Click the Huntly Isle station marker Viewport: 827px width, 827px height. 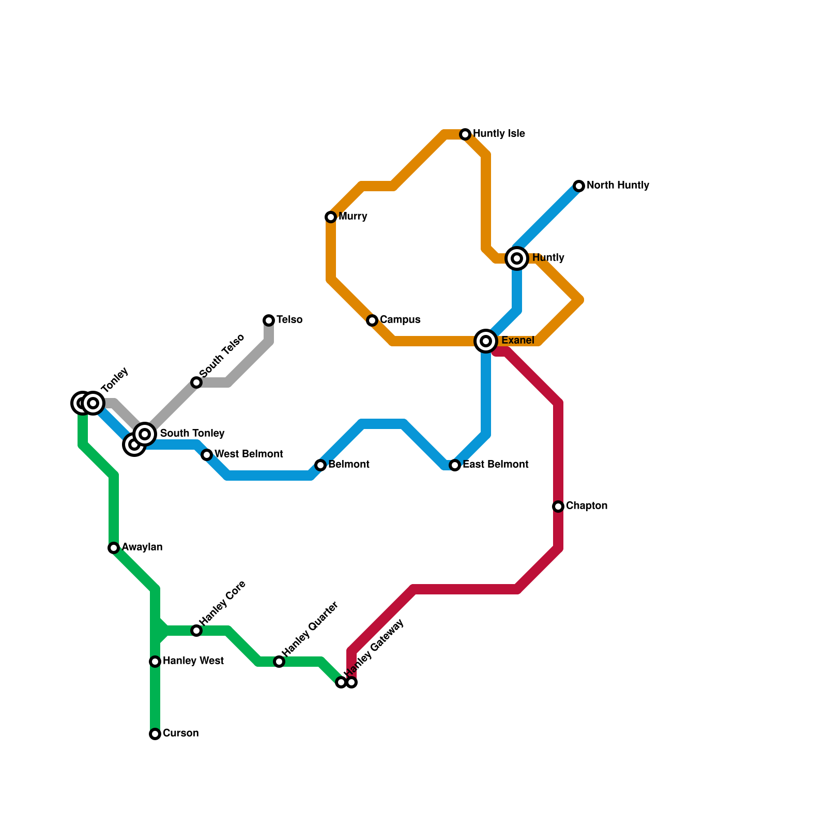coord(465,134)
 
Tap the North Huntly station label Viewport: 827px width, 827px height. coord(618,185)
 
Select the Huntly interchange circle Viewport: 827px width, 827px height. coord(517,258)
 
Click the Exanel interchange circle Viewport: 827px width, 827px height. coord(486,341)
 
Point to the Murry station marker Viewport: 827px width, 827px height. coord(331,217)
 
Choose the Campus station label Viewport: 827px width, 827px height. coord(400,319)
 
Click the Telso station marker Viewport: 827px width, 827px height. coord(269,320)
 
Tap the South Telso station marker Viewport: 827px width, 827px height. coord(196,382)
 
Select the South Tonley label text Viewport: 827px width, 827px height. coord(192,433)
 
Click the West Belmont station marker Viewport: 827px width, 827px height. coord(207,455)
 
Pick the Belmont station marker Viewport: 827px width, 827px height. coord(320,465)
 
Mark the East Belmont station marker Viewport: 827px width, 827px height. coord(455,465)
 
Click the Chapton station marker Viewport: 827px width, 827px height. coord(558,507)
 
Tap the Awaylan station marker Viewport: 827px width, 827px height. coord(114,548)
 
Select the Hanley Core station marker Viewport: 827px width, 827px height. coord(196,631)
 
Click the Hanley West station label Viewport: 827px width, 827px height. coord(193,661)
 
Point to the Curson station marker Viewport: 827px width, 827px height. coord(155,734)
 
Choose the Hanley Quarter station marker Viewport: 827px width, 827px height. coord(279,662)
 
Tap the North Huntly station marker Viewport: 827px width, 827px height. coord(579,186)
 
